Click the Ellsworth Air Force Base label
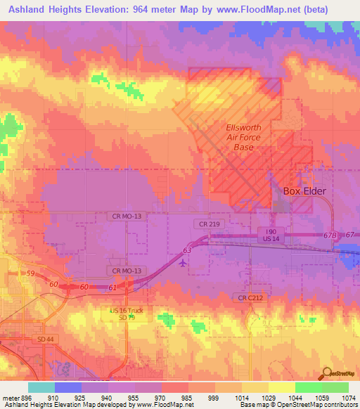tap(243, 138)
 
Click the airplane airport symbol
tap(184, 264)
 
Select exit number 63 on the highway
tap(187, 249)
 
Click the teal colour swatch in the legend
tap(41, 387)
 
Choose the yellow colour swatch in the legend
tap(281, 387)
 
